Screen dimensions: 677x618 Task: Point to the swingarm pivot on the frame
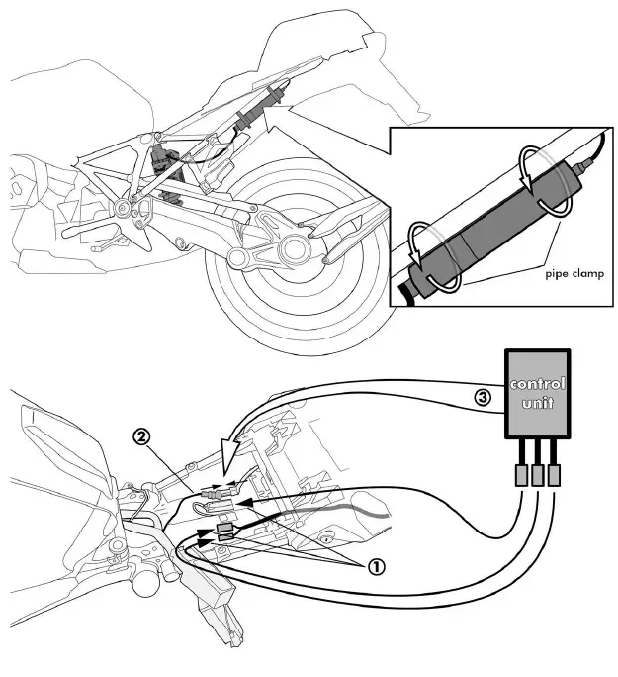point(124,208)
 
